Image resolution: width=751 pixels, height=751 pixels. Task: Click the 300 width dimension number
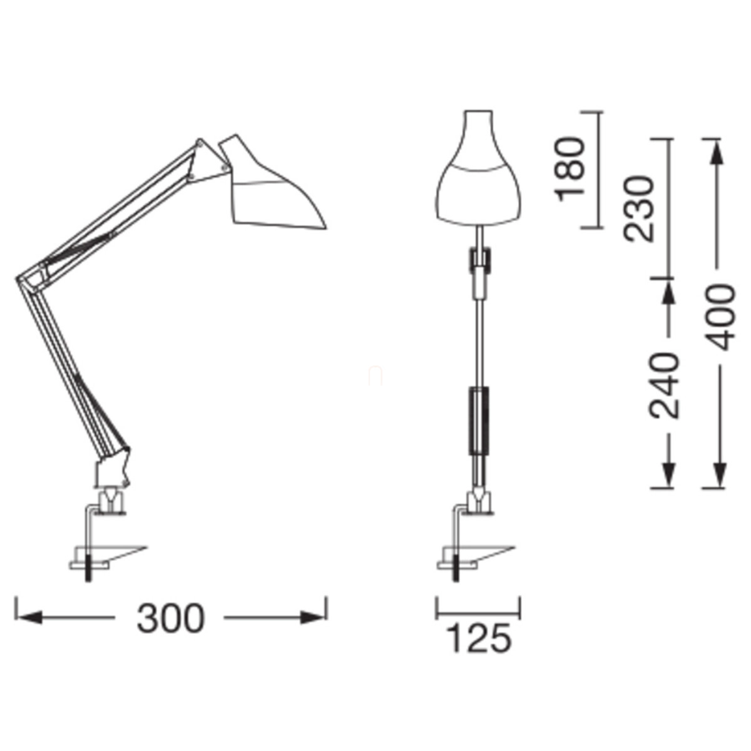(x=170, y=618)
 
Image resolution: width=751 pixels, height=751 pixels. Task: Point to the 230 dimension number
(x=638, y=209)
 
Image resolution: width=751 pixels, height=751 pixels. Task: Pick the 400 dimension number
(x=720, y=317)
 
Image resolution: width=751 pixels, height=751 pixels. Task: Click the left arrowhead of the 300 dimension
(x=28, y=617)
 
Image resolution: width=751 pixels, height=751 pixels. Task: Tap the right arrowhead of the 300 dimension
(x=312, y=617)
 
